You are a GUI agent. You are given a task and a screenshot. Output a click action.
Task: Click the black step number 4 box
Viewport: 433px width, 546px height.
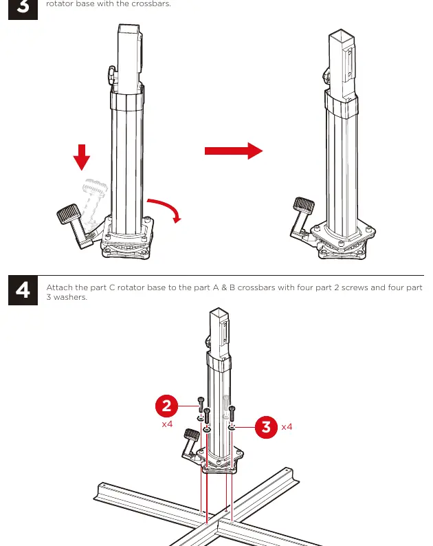(x=23, y=290)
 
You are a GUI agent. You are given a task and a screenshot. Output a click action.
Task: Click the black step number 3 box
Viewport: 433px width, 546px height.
(x=23, y=10)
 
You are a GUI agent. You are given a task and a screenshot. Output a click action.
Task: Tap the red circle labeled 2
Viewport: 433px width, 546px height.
(x=167, y=406)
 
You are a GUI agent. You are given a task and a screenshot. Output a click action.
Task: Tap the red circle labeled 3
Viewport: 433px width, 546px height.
(x=266, y=426)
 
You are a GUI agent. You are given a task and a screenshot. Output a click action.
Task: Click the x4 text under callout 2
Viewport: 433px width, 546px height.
(x=167, y=424)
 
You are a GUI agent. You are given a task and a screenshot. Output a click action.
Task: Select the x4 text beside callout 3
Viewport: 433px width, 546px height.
(x=287, y=427)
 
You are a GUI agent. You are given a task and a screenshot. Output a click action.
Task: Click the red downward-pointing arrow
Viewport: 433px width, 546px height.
(x=82, y=157)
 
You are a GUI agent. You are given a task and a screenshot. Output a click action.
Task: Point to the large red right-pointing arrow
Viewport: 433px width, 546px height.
(x=234, y=151)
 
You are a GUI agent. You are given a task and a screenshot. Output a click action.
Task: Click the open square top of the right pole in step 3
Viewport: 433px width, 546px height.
(x=341, y=36)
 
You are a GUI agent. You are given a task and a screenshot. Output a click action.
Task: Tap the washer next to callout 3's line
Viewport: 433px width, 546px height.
(x=232, y=427)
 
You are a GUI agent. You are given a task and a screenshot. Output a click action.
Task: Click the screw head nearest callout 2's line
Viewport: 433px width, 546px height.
(x=201, y=400)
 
